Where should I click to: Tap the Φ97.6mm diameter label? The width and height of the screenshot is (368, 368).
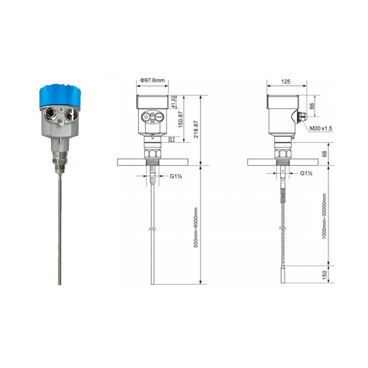point(152,80)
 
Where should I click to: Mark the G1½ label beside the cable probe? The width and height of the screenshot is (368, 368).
point(307,173)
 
